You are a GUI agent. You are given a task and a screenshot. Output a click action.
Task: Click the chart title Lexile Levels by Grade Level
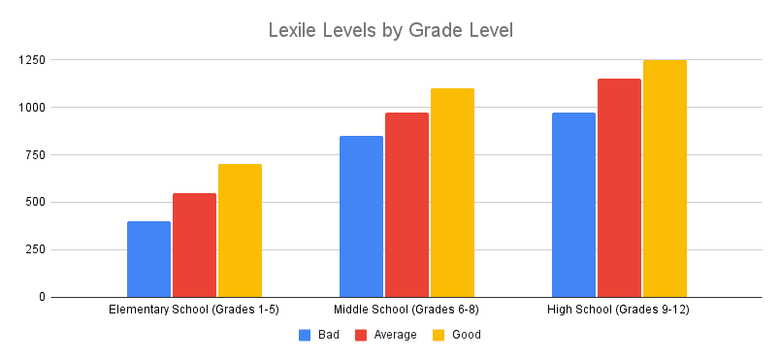(x=389, y=31)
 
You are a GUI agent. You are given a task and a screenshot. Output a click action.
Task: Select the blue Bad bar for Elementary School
(x=148, y=259)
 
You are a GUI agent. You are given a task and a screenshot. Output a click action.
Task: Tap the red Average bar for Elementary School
(x=194, y=245)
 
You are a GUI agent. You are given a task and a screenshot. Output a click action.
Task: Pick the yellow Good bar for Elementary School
(x=240, y=231)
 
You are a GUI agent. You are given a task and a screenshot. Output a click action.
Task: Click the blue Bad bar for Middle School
(x=361, y=216)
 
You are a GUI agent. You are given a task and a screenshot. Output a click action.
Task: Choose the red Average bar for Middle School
(x=406, y=205)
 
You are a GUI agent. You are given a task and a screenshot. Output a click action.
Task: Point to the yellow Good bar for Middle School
(x=452, y=193)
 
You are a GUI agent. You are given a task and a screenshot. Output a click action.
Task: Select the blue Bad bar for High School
(x=573, y=205)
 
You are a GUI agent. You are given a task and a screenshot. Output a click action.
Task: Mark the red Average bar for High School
(x=619, y=188)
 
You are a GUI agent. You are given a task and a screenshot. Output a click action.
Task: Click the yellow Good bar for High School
(x=665, y=179)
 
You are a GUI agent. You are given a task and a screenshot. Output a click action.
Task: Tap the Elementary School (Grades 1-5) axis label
(x=194, y=310)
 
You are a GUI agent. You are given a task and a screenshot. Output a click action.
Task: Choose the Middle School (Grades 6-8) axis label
(x=406, y=310)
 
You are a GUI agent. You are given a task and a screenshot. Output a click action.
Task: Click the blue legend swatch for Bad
(x=305, y=335)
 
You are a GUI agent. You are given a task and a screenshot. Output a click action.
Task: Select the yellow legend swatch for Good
(x=438, y=335)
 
